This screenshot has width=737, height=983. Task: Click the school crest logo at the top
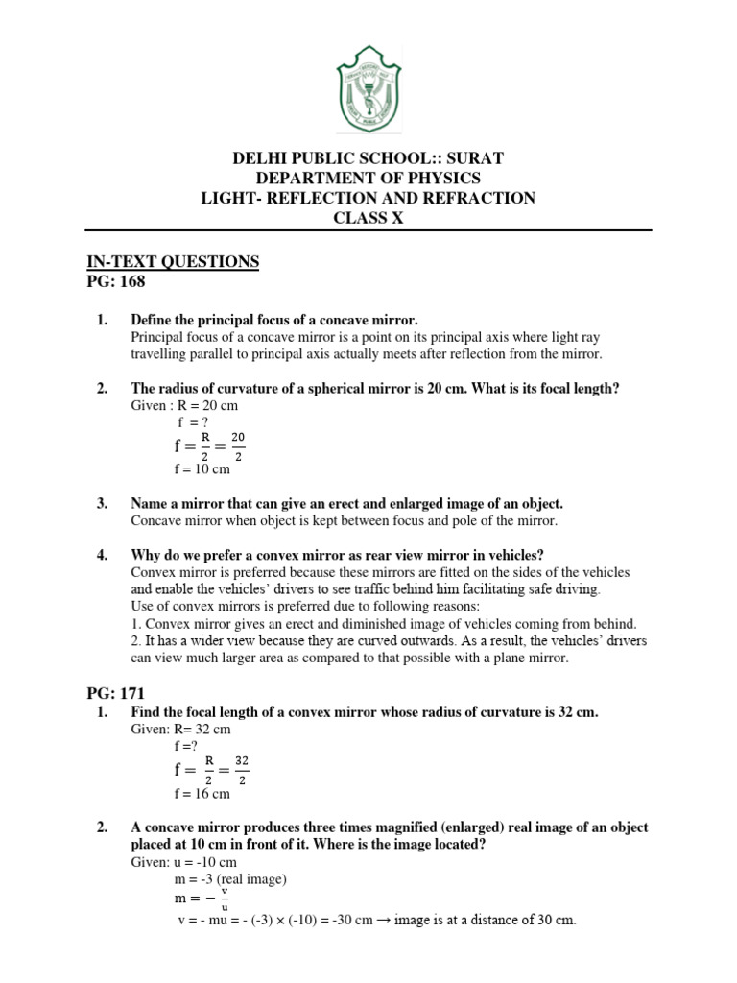pos(368,91)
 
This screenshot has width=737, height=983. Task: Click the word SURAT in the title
pos(471,158)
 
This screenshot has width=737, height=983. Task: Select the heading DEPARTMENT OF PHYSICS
pos(368,179)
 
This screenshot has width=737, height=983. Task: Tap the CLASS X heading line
pos(368,218)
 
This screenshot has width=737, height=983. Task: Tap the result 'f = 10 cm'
pos(202,468)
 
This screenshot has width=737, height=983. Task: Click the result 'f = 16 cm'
pos(202,793)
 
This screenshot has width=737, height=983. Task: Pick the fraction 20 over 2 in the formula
pos(238,445)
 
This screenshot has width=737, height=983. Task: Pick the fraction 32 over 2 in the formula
pos(241,769)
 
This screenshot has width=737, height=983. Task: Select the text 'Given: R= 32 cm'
pos(180,730)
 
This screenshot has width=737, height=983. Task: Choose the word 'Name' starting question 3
pos(151,503)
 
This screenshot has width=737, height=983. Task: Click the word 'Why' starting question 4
pos(147,555)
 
